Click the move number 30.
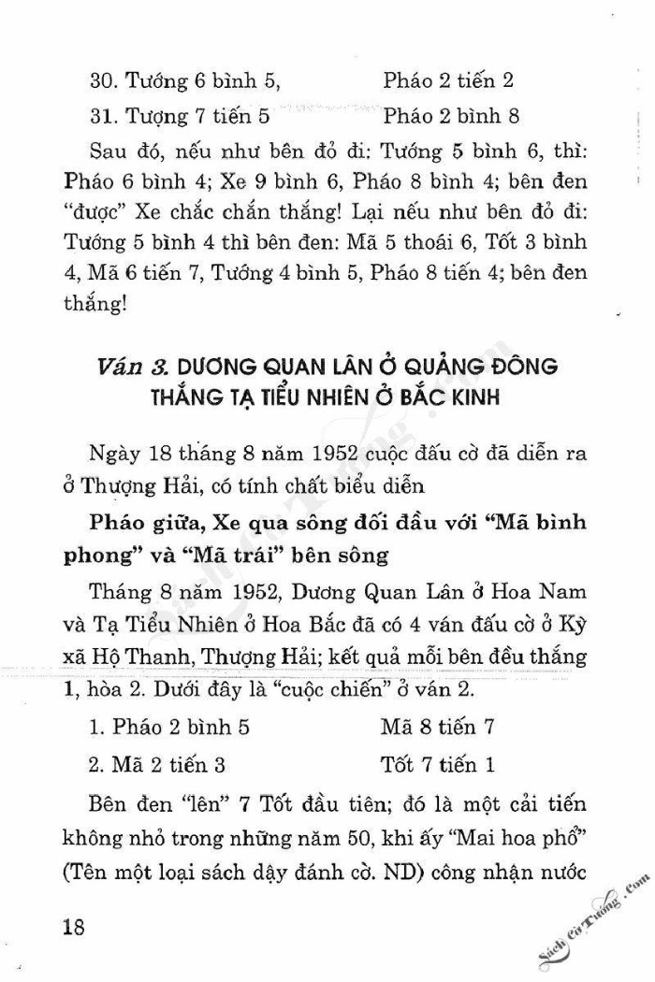[104, 79]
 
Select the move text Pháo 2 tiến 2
[448, 79]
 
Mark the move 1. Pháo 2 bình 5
[169, 726]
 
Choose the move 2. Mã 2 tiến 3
[157, 764]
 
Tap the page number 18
[73, 926]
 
